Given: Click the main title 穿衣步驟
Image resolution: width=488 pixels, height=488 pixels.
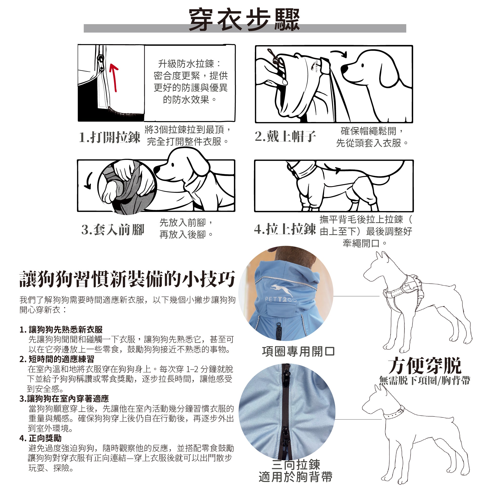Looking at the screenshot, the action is [244, 20].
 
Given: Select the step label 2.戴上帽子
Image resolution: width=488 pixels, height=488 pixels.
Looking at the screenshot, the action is [285, 136].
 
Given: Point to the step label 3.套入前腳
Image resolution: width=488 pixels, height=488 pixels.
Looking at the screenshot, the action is [113, 230].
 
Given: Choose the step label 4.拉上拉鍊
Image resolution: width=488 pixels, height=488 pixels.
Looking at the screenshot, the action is [285, 229].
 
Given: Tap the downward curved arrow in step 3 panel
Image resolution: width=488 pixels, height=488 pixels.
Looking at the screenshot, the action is [88, 181].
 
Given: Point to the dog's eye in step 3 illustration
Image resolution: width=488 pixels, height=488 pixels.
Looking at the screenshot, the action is [173, 165].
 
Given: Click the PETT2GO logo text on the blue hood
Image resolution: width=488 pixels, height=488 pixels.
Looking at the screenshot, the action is [281, 299].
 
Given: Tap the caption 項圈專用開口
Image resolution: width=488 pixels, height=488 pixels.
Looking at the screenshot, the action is [298, 352].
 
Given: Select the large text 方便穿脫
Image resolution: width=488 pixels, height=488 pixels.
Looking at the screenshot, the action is [425, 366].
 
